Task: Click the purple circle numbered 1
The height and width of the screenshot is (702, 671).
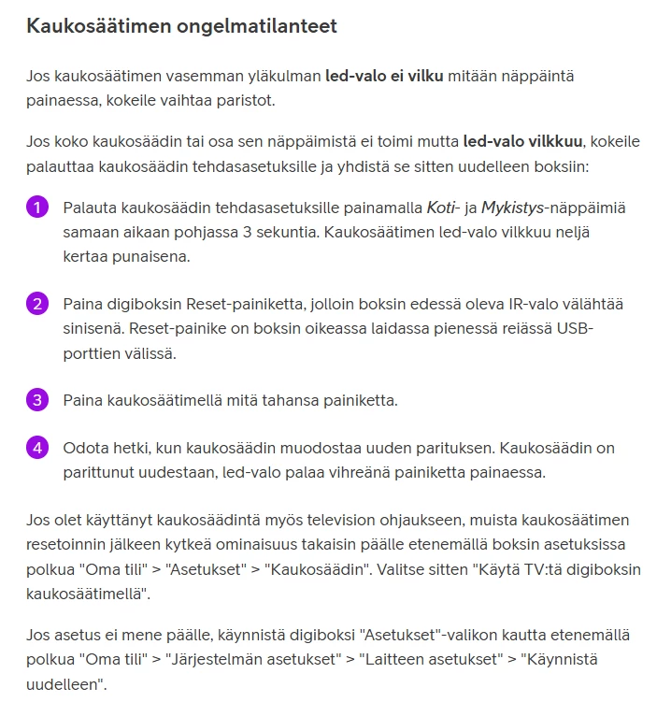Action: pyautogui.click(x=36, y=207)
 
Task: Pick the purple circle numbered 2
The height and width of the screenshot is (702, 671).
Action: pyautogui.click(x=36, y=304)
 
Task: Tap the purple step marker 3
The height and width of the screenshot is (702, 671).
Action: pyautogui.click(x=36, y=400)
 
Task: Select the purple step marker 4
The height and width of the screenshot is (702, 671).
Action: pyautogui.click(x=36, y=448)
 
